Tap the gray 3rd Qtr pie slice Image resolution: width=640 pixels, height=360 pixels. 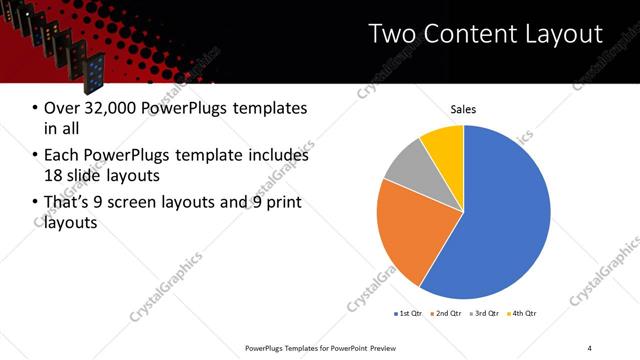coord(408,165)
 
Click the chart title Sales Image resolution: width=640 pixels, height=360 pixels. coord(463,109)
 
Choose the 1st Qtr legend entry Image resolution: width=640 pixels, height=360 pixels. coord(409,314)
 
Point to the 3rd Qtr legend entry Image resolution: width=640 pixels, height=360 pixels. coord(484,314)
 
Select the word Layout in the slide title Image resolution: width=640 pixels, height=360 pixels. coord(561,34)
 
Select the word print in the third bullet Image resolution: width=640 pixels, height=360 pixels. coord(283,203)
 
